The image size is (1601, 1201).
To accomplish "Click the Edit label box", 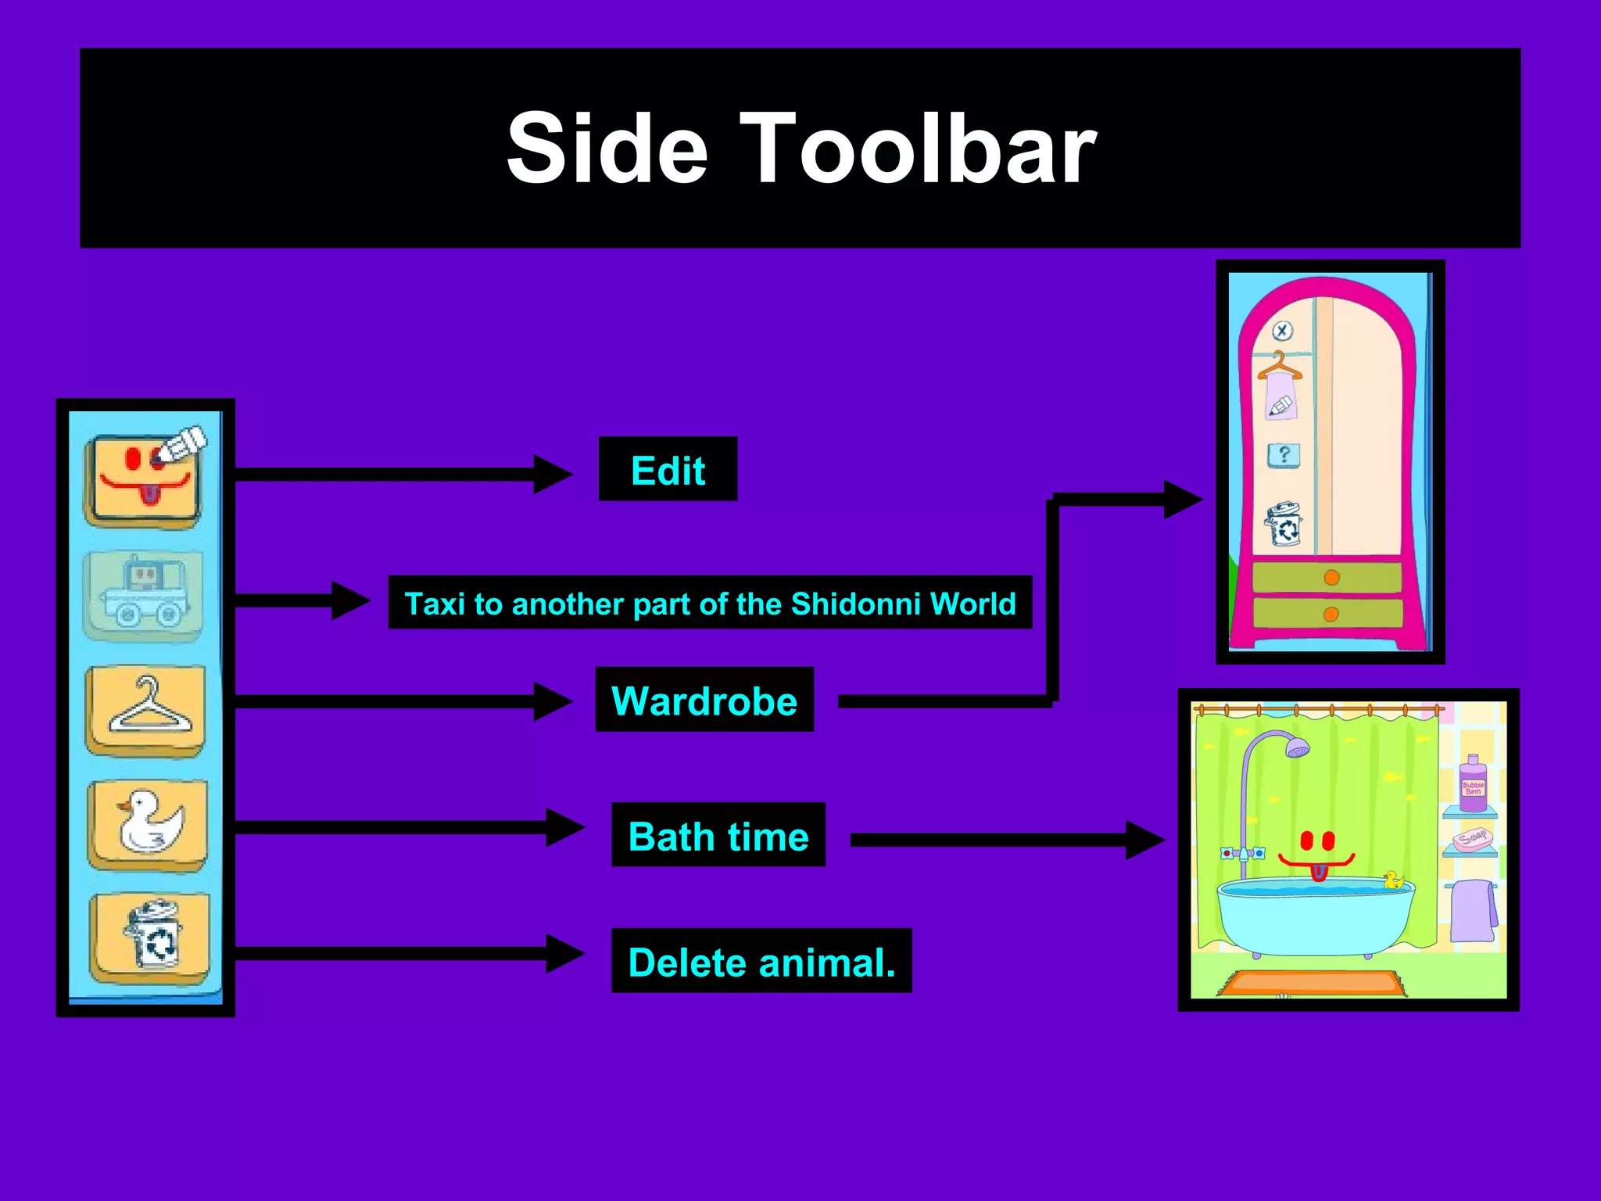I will click(668, 469).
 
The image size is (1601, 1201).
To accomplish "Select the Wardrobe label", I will click(704, 700).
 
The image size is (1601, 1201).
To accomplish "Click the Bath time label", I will click(718, 835).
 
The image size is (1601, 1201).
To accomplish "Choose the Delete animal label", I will click(761, 961).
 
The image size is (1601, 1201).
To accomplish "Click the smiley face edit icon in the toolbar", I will click(145, 479).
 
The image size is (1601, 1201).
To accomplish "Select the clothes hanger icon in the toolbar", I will click(146, 709).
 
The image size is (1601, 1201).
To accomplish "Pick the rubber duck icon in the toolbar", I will click(148, 824).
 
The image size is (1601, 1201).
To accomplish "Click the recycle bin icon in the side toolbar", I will click(150, 937).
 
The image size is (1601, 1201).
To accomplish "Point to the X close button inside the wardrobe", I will click(1282, 331).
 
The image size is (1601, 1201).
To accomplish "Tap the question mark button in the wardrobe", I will click(1284, 455).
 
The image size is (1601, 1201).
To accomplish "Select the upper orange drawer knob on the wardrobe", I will click(1332, 578).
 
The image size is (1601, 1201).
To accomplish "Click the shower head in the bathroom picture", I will click(1298, 748).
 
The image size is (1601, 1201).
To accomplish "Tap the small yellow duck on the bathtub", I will click(1393, 880).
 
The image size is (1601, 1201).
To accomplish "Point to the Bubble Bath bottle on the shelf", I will click(1473, 784).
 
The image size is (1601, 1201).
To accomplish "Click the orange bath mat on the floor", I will click(1313, 982).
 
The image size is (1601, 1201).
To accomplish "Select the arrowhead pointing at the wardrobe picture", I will click(1182, 499).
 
